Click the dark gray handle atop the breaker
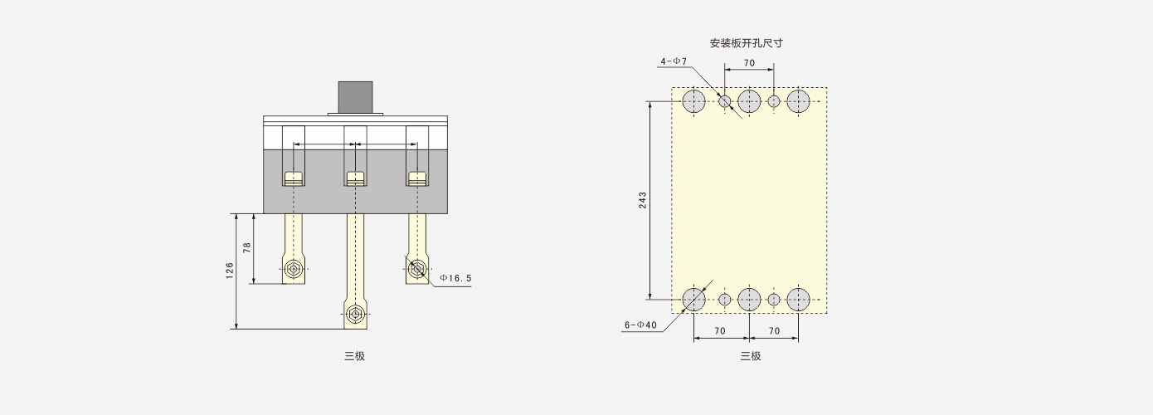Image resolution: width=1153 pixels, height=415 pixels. point(356,97)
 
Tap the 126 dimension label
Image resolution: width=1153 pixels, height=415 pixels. point(230,271)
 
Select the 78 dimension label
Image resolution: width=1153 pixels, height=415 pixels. point(247,247)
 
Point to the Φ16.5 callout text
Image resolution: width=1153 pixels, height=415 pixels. point(455,279)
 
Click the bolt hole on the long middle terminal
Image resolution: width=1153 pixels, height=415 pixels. point(355,314)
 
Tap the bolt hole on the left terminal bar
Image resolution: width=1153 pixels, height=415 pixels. point(294,269)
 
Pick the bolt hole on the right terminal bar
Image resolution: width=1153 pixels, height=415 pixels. point(417,269)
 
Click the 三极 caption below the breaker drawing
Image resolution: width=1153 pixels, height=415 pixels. point(355,356)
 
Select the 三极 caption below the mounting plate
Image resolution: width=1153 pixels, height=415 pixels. point(751,356)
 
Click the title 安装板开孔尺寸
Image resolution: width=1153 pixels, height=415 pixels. point(747,43)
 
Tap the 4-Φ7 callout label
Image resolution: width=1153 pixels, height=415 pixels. point(674,61)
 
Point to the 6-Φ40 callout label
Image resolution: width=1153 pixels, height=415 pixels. point(641,325)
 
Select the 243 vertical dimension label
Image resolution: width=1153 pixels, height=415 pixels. point(642,200)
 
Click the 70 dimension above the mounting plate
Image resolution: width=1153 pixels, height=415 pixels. point(750,63)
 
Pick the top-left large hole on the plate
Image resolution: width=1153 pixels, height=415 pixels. point(693,101)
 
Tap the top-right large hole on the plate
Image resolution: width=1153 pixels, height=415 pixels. point(798,101)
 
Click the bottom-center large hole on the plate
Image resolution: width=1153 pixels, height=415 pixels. point(749,300)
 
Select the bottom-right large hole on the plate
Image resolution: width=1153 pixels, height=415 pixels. point(798,300)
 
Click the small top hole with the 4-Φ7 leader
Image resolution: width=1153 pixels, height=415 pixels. point(725,101)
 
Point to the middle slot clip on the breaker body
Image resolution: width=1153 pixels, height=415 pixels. point(355,178)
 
